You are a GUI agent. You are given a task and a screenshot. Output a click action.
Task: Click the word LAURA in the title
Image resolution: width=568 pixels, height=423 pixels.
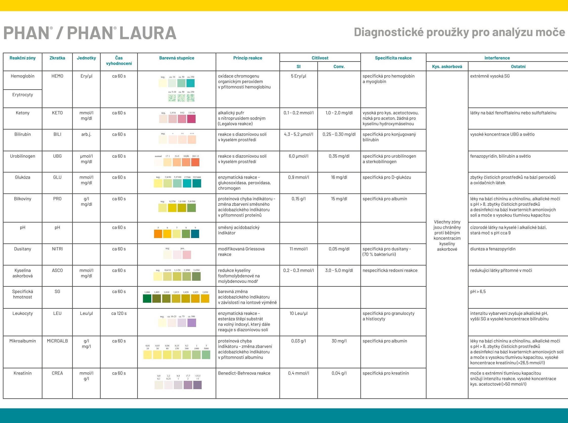[148, 33]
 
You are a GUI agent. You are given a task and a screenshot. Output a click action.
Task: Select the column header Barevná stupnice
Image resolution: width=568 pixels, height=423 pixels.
[177, 58]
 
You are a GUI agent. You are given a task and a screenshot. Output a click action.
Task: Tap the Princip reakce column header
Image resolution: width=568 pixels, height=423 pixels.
[248, 58]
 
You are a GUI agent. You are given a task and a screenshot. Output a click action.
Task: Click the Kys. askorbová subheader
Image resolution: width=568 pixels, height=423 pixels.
[447, 66]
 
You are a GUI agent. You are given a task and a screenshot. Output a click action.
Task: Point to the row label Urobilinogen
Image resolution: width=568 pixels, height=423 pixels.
[23, 156]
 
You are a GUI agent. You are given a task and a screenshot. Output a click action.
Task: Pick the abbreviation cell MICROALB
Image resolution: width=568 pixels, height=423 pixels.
[57, 341]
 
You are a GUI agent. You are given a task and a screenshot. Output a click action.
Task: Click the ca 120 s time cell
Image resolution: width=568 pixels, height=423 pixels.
[119, 313]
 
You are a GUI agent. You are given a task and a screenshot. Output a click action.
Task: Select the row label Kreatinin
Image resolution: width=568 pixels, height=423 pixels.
[23, 373]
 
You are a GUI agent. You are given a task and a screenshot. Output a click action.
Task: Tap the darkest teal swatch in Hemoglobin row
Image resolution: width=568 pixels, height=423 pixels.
[190, 83]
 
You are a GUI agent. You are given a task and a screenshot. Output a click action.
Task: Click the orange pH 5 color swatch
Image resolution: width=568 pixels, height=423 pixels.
[158, 234]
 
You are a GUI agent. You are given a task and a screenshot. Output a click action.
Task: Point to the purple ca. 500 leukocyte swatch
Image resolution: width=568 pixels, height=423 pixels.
[192, 323]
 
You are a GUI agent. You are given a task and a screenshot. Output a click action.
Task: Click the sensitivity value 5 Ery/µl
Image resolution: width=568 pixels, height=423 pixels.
[298, 76]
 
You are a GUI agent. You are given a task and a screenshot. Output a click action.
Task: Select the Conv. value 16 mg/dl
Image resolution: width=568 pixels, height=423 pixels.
[339, 177]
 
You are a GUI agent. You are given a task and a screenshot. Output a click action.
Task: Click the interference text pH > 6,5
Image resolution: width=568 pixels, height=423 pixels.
[478, 291]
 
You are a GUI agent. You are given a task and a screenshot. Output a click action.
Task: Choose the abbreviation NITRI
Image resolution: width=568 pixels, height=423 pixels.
[57, 249]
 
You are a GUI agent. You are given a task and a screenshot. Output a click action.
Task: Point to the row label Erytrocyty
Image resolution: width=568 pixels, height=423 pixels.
[23, 95]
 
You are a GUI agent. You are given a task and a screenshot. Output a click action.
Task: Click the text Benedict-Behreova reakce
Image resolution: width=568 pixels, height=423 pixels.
[244, 373]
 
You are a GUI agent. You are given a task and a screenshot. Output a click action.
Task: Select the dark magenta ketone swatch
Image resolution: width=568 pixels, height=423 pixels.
[191, 119]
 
